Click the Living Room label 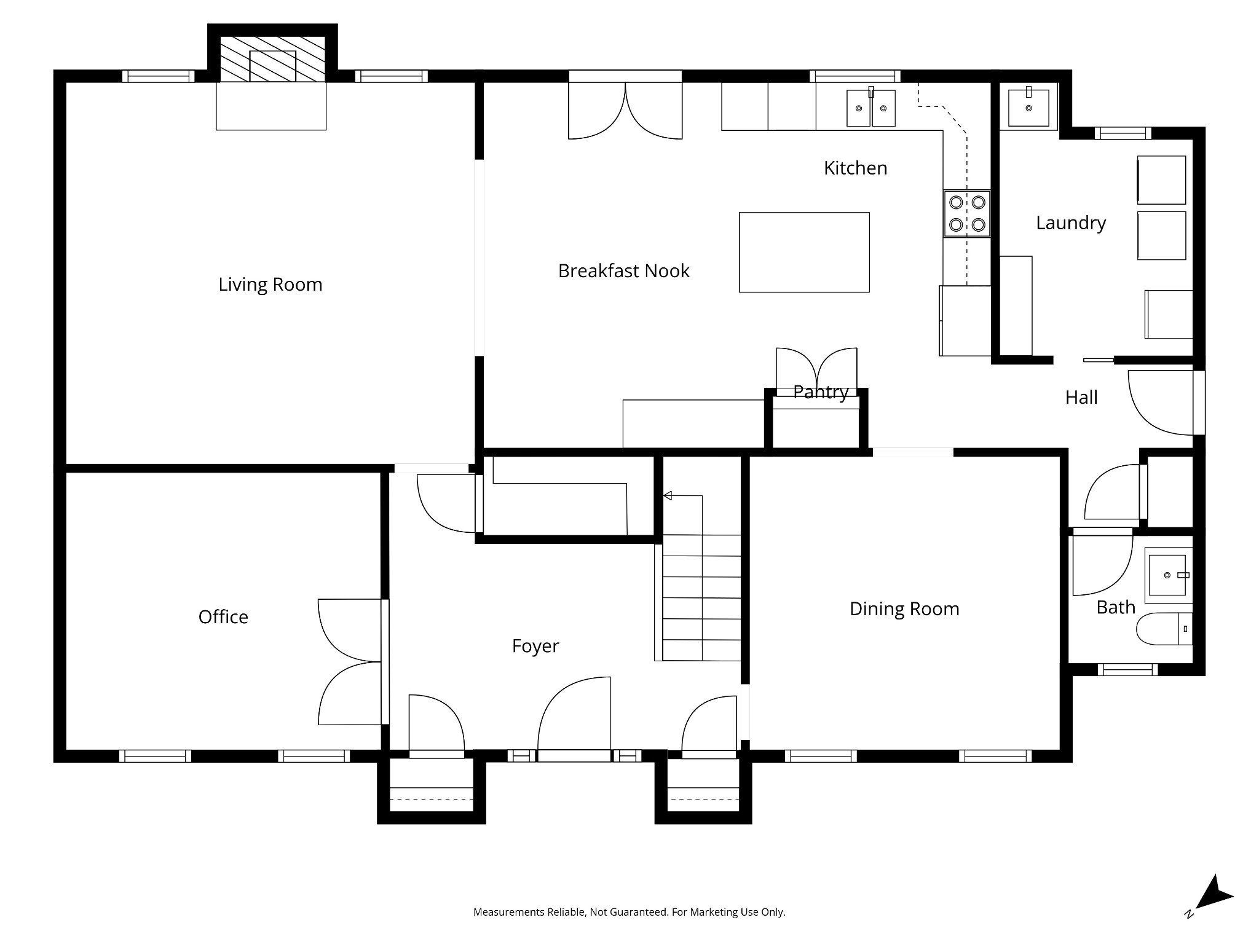tap(270, 285)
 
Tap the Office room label tap(223, 616)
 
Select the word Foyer tap(535, 646)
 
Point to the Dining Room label tap(904, 608)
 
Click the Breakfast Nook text tap(623, 271)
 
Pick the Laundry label tap(1071, 223)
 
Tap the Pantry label tap(821, 392)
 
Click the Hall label tap(1081, 398)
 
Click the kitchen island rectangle tap(804, 252)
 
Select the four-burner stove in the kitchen tap(967, 213)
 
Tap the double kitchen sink tap(871, 108)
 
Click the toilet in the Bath tap(1164, 629)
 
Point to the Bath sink tap(1167, 576)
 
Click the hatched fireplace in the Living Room tap(272, 59)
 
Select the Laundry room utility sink tap(1028, 107)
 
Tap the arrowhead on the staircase tap(668, 495)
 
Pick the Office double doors tap(350, 662)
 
